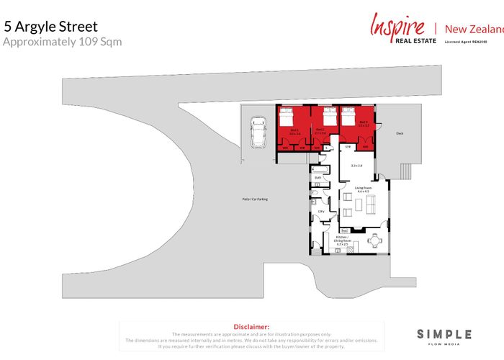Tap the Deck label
point(400,133)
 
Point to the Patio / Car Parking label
point(255,199)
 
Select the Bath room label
point(318,177)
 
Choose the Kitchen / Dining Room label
point(343,240)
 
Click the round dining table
point(374,240)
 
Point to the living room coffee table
point(358,208)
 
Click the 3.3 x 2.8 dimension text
point(356,166)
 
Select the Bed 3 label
point(364,123)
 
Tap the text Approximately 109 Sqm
point(63,42)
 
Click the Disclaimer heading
point(252,326)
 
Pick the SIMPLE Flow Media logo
point(444,336)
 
